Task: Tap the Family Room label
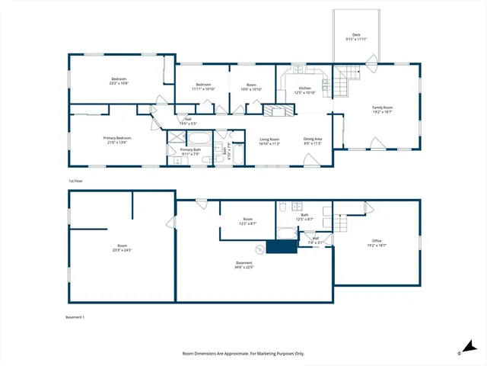(x=382, y=109)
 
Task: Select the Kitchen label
(x=305, y=90)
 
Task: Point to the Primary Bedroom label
(x=119, y=140)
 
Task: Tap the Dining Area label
(x=313, y=141)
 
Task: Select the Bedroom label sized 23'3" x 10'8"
(x=119, y=81)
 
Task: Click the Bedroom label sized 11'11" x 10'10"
(x=203, y=86)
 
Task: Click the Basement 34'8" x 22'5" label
(x=244, y=265)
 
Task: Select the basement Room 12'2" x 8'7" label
(x=247, y=221)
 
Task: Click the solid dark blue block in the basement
(x=281, y=248)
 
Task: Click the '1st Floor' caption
(x=75, y=181)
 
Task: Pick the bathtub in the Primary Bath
(x=201, y=138)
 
